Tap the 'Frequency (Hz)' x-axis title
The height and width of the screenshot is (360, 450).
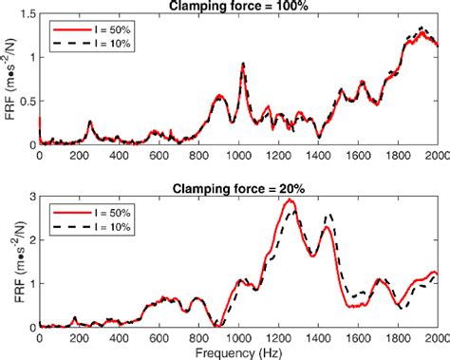(238, 352)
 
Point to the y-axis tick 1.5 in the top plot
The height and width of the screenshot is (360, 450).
(26, 14)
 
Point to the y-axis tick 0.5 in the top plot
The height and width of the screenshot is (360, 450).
(26, 101)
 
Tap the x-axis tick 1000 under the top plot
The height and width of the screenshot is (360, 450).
(238, 155)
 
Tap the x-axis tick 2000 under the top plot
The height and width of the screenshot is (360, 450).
(436, 155)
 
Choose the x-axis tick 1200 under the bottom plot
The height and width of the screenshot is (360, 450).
(278, 337)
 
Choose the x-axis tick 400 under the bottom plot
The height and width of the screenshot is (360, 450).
(119, 337)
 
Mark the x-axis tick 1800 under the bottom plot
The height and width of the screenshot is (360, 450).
(397, 337)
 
